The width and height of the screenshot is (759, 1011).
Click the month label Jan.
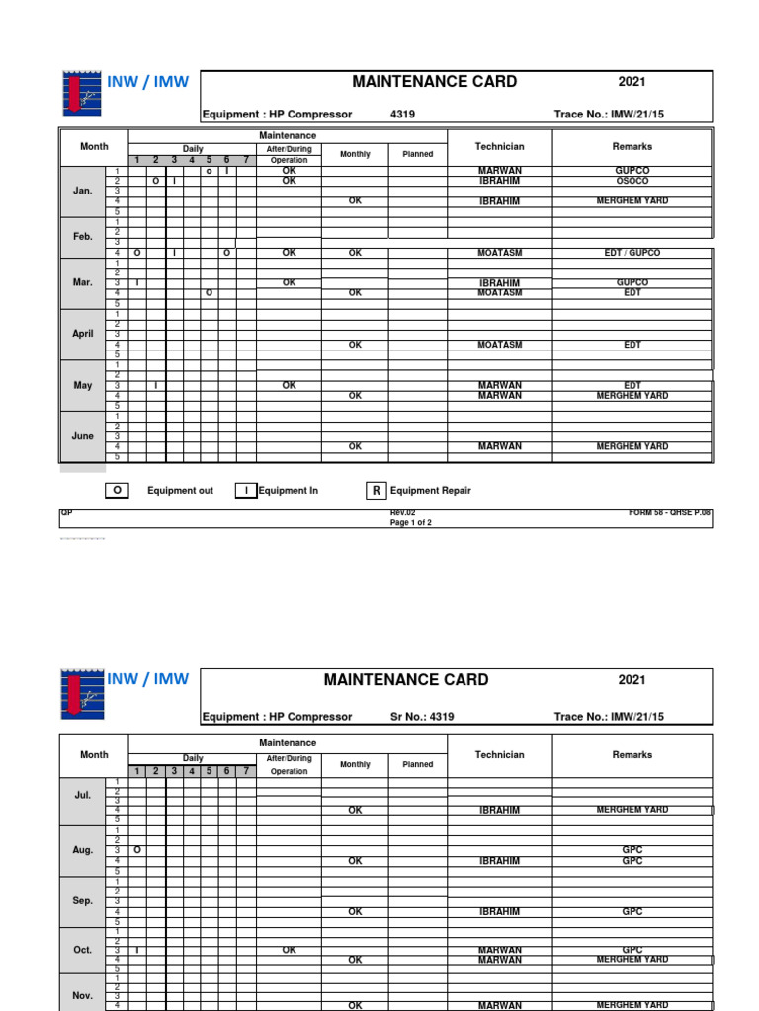tap(83, 191)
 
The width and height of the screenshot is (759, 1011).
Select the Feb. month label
tap(83, 237)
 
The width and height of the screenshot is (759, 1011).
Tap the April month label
tap(83, 334)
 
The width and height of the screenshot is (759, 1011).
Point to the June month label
tap(83, 436)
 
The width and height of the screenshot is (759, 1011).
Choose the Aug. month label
tap(83, 850)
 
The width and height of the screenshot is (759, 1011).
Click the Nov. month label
tap(83, 996)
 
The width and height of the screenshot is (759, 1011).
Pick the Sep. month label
tap(83, 901)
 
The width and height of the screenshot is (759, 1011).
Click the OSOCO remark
tap(632, 181)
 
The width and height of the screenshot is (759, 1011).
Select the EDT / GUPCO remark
tap(632, 253)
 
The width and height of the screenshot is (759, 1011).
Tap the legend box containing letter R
tap(376, 491)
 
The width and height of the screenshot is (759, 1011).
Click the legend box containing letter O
tap(118, 491)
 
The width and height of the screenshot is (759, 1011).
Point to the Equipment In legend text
tap(288, 491)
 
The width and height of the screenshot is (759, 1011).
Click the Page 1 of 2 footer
tap(411, 523)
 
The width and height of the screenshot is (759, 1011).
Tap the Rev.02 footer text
tap(402, 513)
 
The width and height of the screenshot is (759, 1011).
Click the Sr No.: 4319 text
tap(422, 717)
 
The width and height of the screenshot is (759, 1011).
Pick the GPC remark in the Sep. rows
tap(632, 912)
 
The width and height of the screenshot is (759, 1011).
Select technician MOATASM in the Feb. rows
tap(499, 253)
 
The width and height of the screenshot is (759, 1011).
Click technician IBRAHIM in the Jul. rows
tap(499, 810)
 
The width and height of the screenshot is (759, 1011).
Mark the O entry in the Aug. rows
tap(137, 850)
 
